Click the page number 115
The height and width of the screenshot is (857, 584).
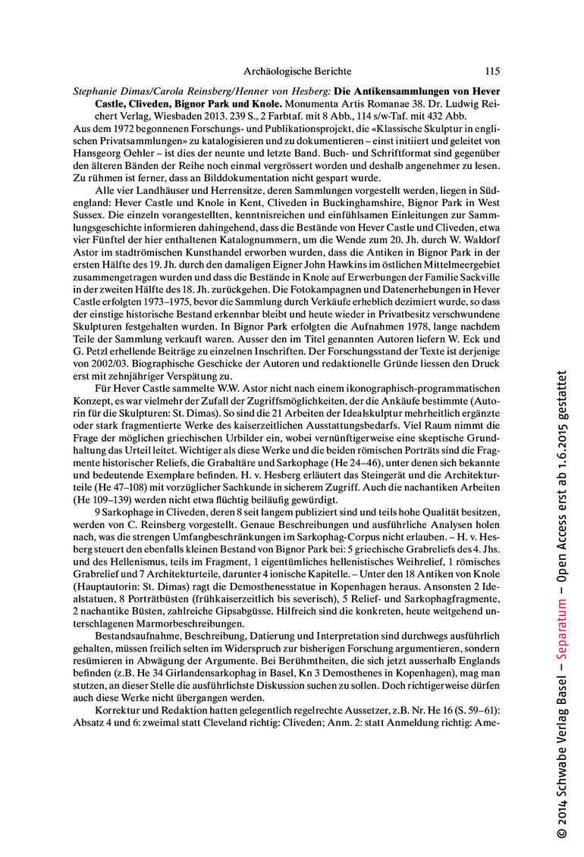(x=491, y=71)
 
